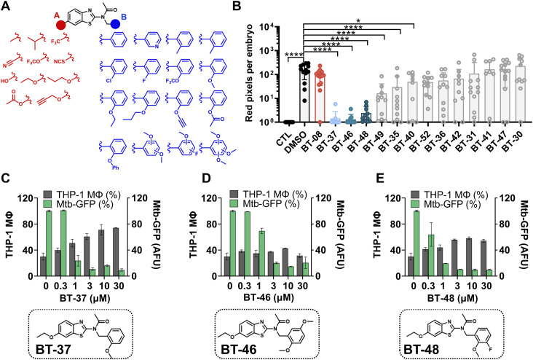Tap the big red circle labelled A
(60, 25)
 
